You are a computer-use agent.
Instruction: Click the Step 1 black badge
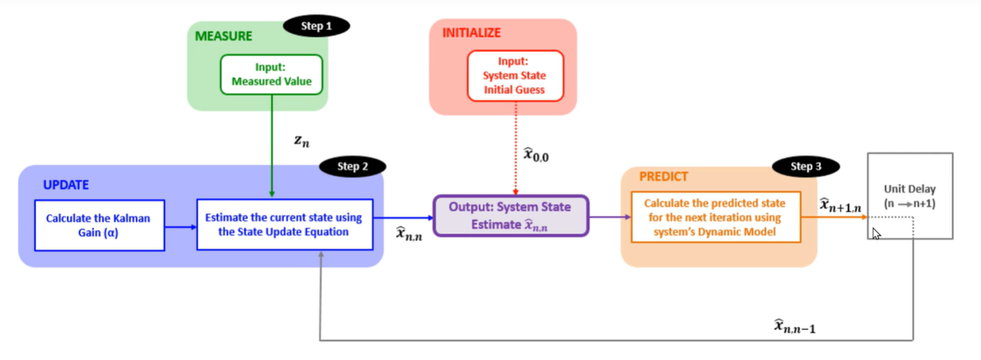tap(316, 27)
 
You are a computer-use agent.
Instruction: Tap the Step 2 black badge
tap(352, 166)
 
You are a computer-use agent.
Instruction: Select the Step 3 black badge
tap(805, 166)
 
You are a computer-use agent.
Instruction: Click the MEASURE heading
tap(223, 36)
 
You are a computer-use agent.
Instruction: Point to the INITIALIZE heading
tap(471, 33)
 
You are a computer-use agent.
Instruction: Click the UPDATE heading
tap(66, 185)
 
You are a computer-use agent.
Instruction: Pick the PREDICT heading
tap(664, 176)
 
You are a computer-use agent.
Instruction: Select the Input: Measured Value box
tap(271, 75)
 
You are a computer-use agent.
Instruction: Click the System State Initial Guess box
tap(515, 75)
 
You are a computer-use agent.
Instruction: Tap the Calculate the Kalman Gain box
tap(100, 226)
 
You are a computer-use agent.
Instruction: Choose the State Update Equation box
tap(285, 224)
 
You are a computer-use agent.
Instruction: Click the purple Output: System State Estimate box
tap(511, 216)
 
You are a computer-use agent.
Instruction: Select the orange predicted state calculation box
tap(716, 217)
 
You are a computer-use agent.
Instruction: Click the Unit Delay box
tap(910, 196)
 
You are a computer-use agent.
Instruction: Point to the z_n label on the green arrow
tap(302, 141)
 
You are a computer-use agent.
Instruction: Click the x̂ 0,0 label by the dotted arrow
tap(536, 154)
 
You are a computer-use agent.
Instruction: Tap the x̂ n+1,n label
tap(840, 205)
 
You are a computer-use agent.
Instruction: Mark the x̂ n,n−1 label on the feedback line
tap(795, 326)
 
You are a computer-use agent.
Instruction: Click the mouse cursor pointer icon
tap(876, 234)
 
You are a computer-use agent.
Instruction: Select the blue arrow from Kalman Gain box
tap(181, 227)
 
